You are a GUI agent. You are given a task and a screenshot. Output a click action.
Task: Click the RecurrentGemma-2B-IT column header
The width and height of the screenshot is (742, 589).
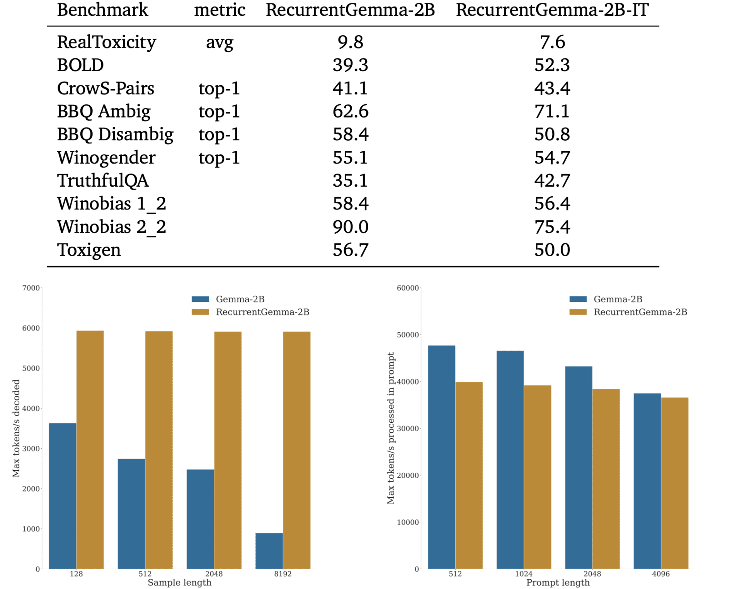(552, 10)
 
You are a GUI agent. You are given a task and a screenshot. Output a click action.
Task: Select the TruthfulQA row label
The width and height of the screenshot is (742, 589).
(103, 180)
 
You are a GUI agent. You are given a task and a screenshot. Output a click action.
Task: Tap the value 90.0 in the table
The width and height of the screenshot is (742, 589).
(350, 227)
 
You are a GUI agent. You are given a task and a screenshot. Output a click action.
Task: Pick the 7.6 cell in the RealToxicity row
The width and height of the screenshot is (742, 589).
(552, 42)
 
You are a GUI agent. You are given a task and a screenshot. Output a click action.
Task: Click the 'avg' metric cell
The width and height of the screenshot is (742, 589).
(220, 43)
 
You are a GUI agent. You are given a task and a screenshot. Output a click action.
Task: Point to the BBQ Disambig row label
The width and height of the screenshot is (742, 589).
(115, 134)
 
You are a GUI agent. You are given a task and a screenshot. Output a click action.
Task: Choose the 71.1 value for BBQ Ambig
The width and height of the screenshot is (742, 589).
(552, 111)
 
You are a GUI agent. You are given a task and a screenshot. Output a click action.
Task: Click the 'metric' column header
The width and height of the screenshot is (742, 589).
(220, 10)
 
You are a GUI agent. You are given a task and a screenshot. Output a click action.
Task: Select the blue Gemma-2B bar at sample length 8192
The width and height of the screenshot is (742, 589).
(269, 551)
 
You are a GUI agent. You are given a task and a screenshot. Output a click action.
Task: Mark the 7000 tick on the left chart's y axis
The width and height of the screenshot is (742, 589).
(31, 288)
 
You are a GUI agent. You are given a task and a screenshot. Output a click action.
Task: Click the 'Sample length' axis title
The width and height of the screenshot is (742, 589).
(179, 582)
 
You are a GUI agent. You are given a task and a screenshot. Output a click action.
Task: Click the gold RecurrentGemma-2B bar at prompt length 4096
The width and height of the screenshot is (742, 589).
(674, 483)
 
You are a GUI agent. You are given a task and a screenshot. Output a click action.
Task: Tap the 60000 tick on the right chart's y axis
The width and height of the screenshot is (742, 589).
(408, 288)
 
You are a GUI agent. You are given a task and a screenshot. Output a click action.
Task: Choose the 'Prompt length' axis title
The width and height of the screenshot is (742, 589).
(558, 582)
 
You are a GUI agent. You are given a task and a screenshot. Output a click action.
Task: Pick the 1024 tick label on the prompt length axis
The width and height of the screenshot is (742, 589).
(524, 574)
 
